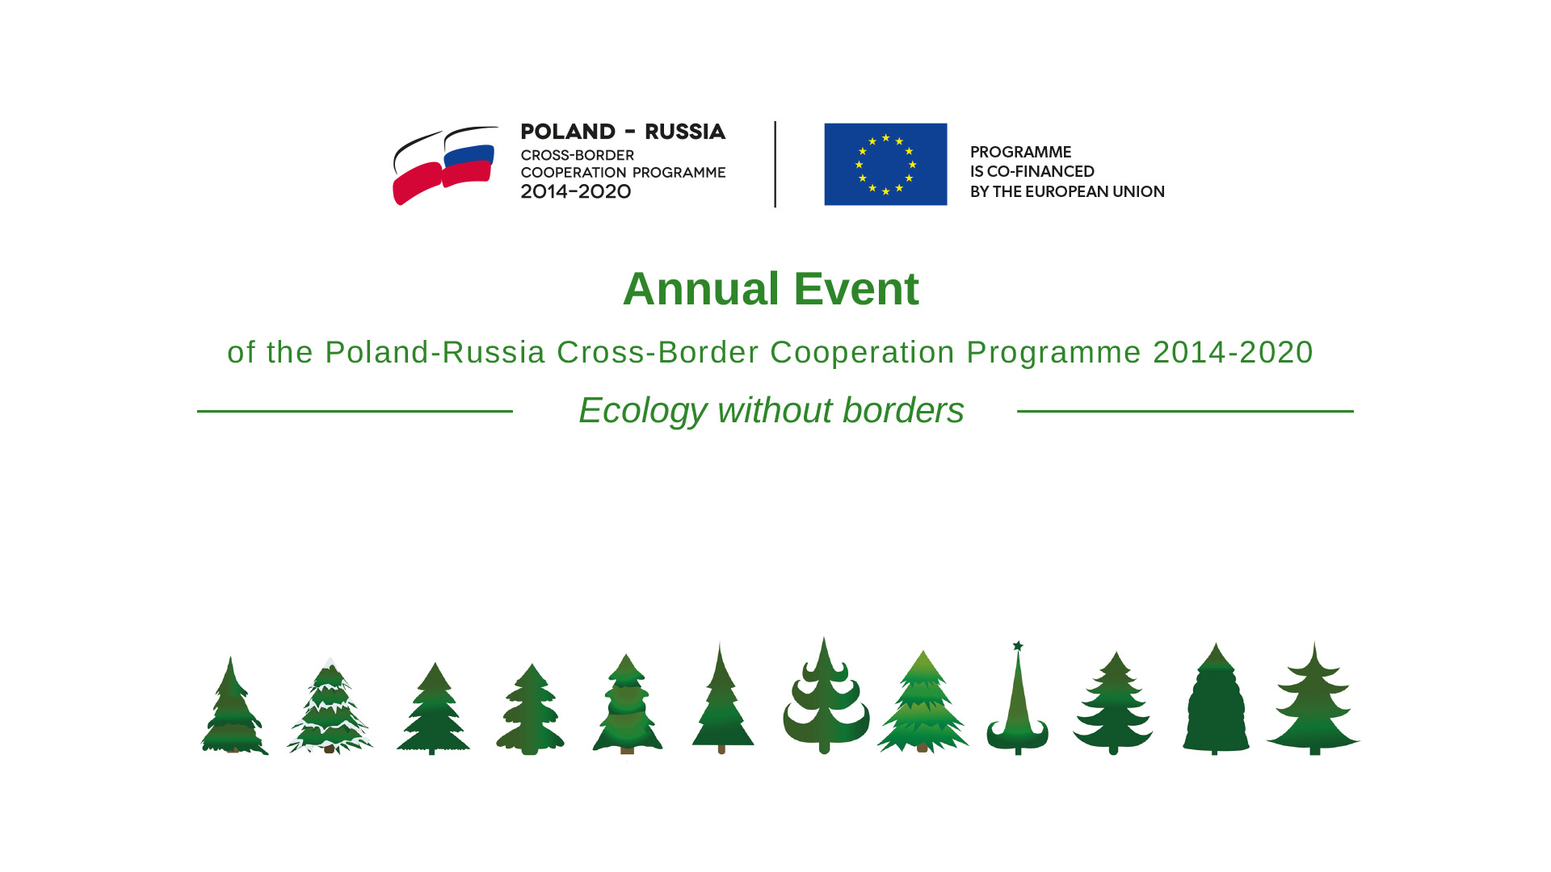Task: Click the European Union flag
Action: point(885,164)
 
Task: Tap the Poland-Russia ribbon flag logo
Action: point(445,166)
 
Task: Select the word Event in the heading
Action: point(856,289)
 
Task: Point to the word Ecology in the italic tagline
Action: point(643,411)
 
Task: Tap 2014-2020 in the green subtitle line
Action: point(1233,352)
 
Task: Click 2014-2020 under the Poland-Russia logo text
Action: point(575,191)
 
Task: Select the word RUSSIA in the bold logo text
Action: point(685,132)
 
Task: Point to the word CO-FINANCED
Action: point(1040,171)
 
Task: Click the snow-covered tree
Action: point(330,706)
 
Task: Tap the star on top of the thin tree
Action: point(1018,646)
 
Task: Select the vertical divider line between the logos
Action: point(775,164)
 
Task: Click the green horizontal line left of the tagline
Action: point(355,411)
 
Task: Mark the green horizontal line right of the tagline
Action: point(1185,411)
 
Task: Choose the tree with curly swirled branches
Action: point(825,696)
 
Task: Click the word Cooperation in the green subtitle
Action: point(862,353)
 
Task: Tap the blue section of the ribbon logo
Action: point(469,154)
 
